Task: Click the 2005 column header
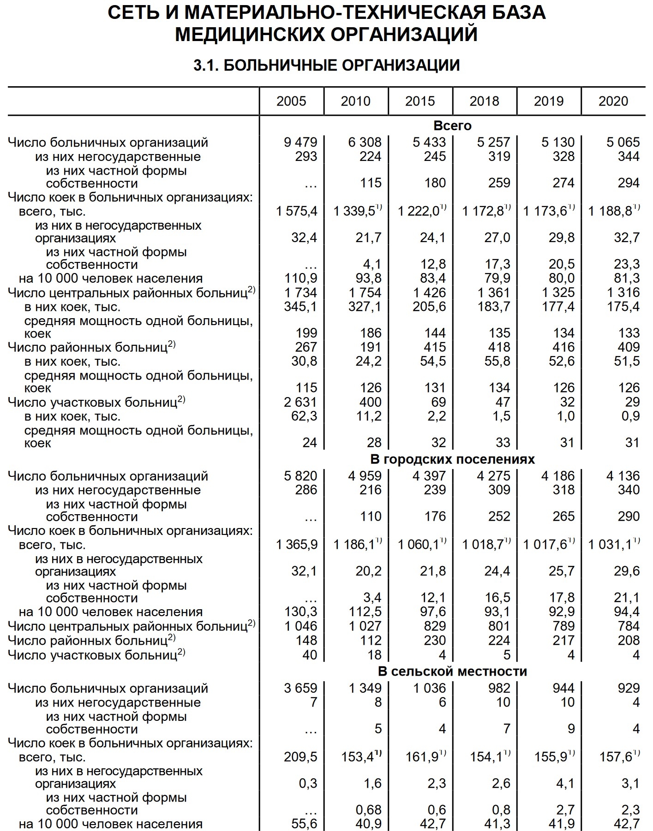coord(291,101)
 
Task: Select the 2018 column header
coord(484,101)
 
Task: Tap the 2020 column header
coord(613,101)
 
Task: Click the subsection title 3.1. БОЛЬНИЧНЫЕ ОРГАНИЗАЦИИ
coord(326,65)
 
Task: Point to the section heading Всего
coord(452,125)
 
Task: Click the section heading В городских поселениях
coord(452,459)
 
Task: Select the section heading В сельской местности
coord(452,671)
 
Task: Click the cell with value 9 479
coord(300,142)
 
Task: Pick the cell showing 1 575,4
coord(297,211)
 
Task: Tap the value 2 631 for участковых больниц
coord(300,402)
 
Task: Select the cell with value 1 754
coord(365,292)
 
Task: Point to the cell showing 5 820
coord(300,476)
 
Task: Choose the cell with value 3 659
coord(300,688)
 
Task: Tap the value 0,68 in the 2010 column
coord(370,810)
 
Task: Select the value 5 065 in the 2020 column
coord(623,142)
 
